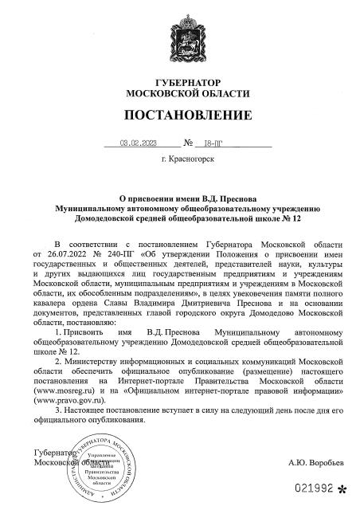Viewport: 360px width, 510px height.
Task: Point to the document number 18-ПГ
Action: point(214,144)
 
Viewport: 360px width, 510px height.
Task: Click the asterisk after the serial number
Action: point(342,488)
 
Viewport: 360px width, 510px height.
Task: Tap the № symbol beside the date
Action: point(188,144)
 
